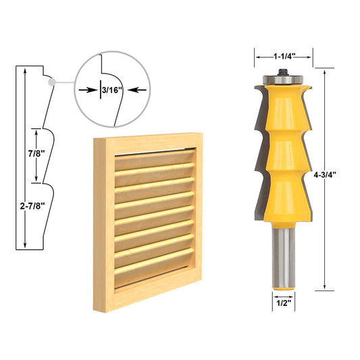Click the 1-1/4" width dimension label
point(284,56)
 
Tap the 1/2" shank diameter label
point(284,303)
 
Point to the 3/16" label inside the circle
point(108,89)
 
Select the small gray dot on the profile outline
point(52,80)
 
